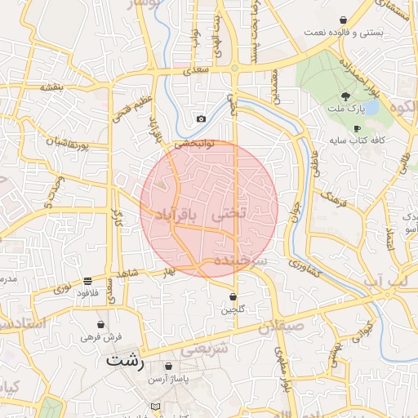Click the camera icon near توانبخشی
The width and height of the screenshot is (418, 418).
(x=201, y=119)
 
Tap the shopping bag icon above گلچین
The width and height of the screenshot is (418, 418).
(x=233, y=297)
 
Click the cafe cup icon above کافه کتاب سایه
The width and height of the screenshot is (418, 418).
(x=357, y=128)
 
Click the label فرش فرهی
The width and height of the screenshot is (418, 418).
(x=100, y=336)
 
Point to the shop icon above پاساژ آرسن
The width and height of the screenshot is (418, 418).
(x=169, y=367)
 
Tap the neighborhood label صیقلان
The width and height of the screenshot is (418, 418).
(x=281, y=328)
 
